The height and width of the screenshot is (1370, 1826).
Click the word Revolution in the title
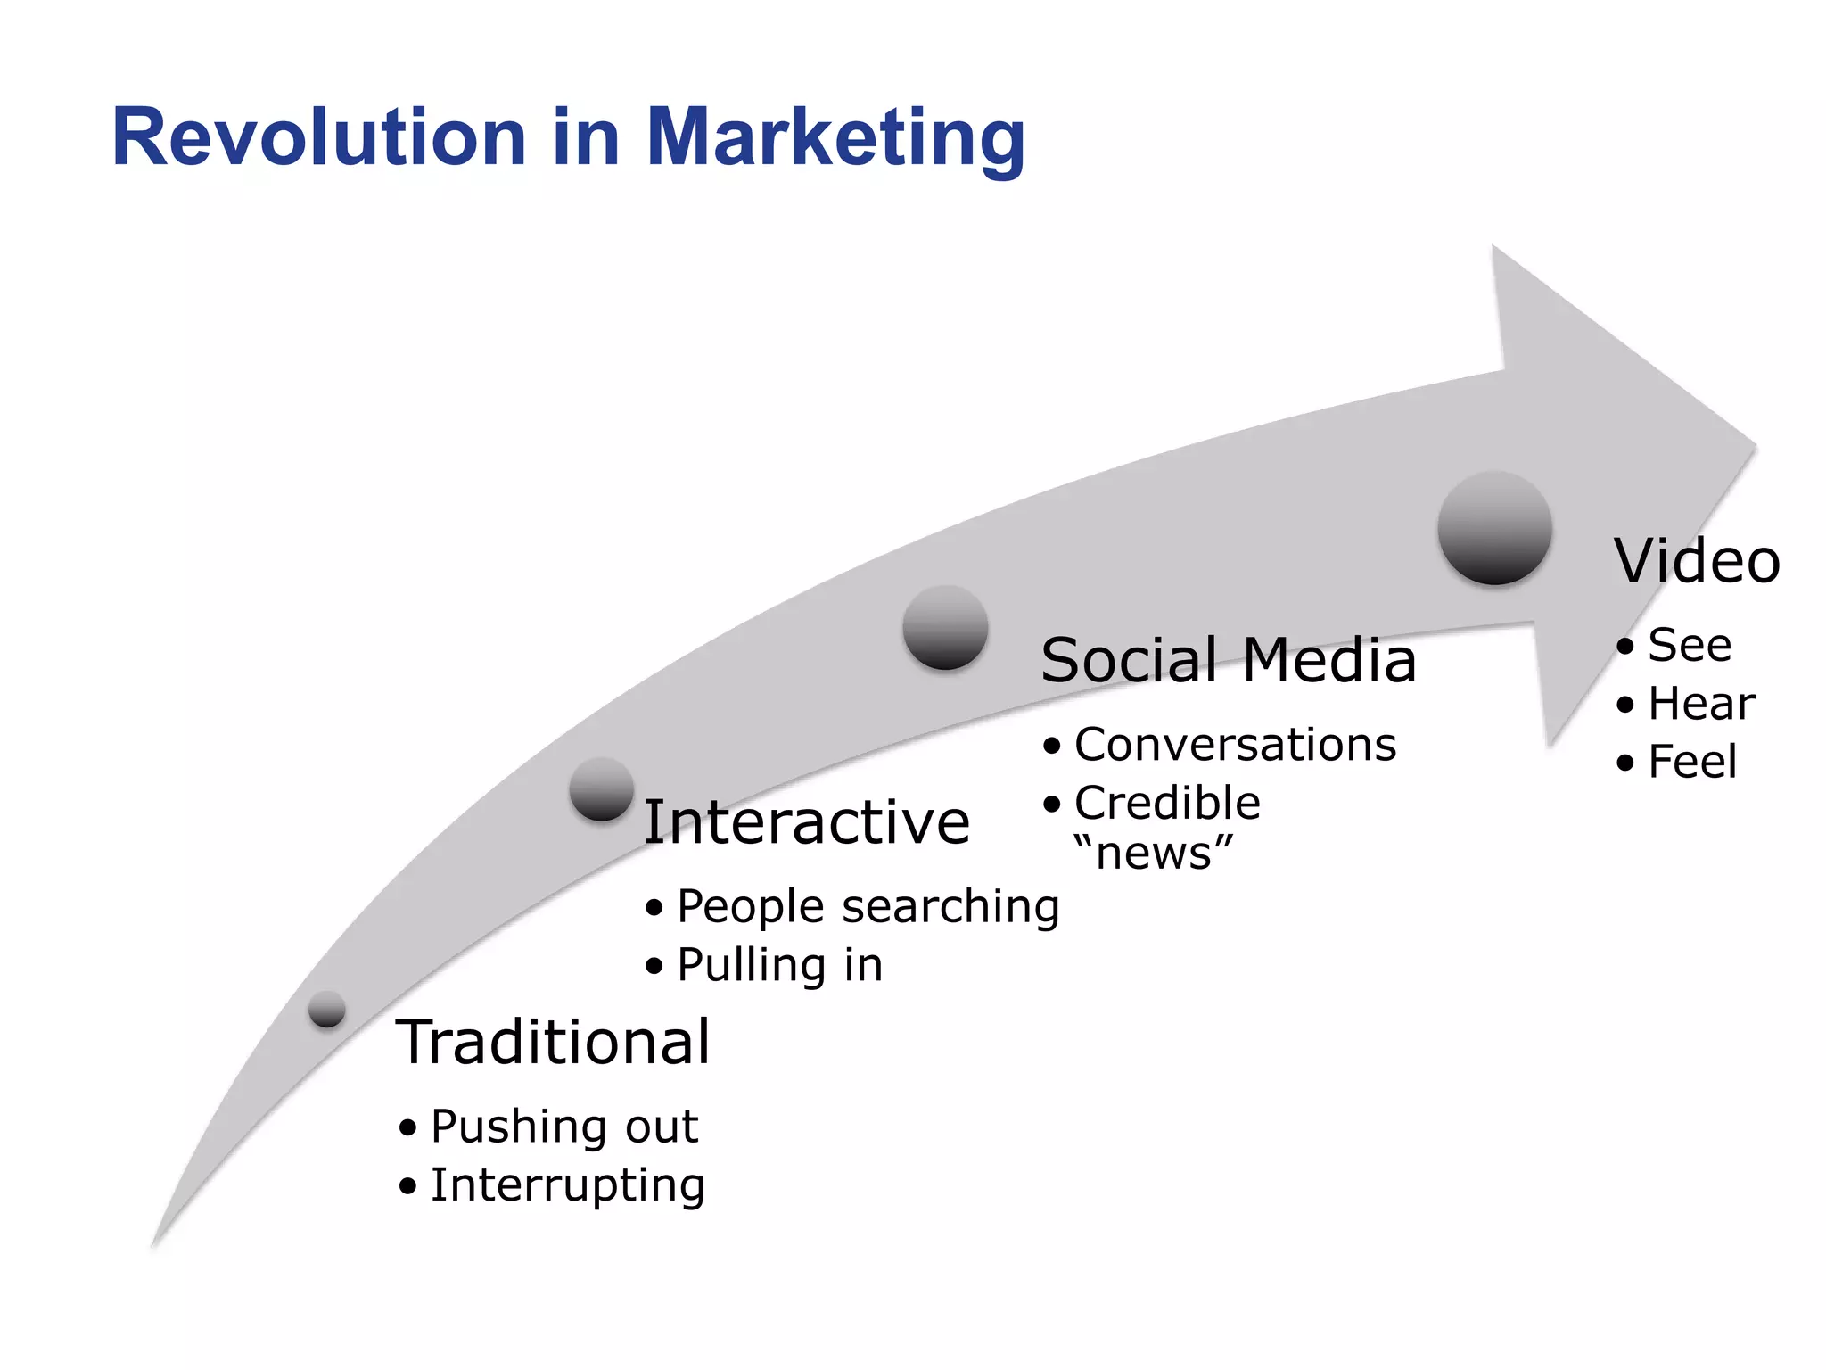pos(319,138)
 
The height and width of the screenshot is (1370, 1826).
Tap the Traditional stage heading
pos(553,1042)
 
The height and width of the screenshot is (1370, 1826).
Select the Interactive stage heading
pos(806,822)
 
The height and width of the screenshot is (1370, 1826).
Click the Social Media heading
pos(1228,661)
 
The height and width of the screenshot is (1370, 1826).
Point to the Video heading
pos(1697,562)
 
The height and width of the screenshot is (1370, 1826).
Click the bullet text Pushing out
pos(563,1127)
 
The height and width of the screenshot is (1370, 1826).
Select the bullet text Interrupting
pos(568,1185)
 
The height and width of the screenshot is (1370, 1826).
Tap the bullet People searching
pos(868,907)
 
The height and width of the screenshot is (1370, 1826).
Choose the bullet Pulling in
pos(779,966)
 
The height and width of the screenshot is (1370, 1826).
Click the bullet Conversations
pos(1235,745)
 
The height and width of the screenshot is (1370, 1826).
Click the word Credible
pos(1167,803)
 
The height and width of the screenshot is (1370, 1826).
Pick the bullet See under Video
pos(1690,645)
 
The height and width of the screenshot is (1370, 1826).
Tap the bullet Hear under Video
pos(1701,704)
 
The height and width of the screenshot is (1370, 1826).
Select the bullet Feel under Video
pos(1692,763)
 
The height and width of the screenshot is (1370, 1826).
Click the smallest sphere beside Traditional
pos(327,1009)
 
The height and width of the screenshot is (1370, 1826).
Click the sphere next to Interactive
pos(602,788)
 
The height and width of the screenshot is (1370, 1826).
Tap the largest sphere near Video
pos(1494,528)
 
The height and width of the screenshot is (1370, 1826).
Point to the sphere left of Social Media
pos(945,627)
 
